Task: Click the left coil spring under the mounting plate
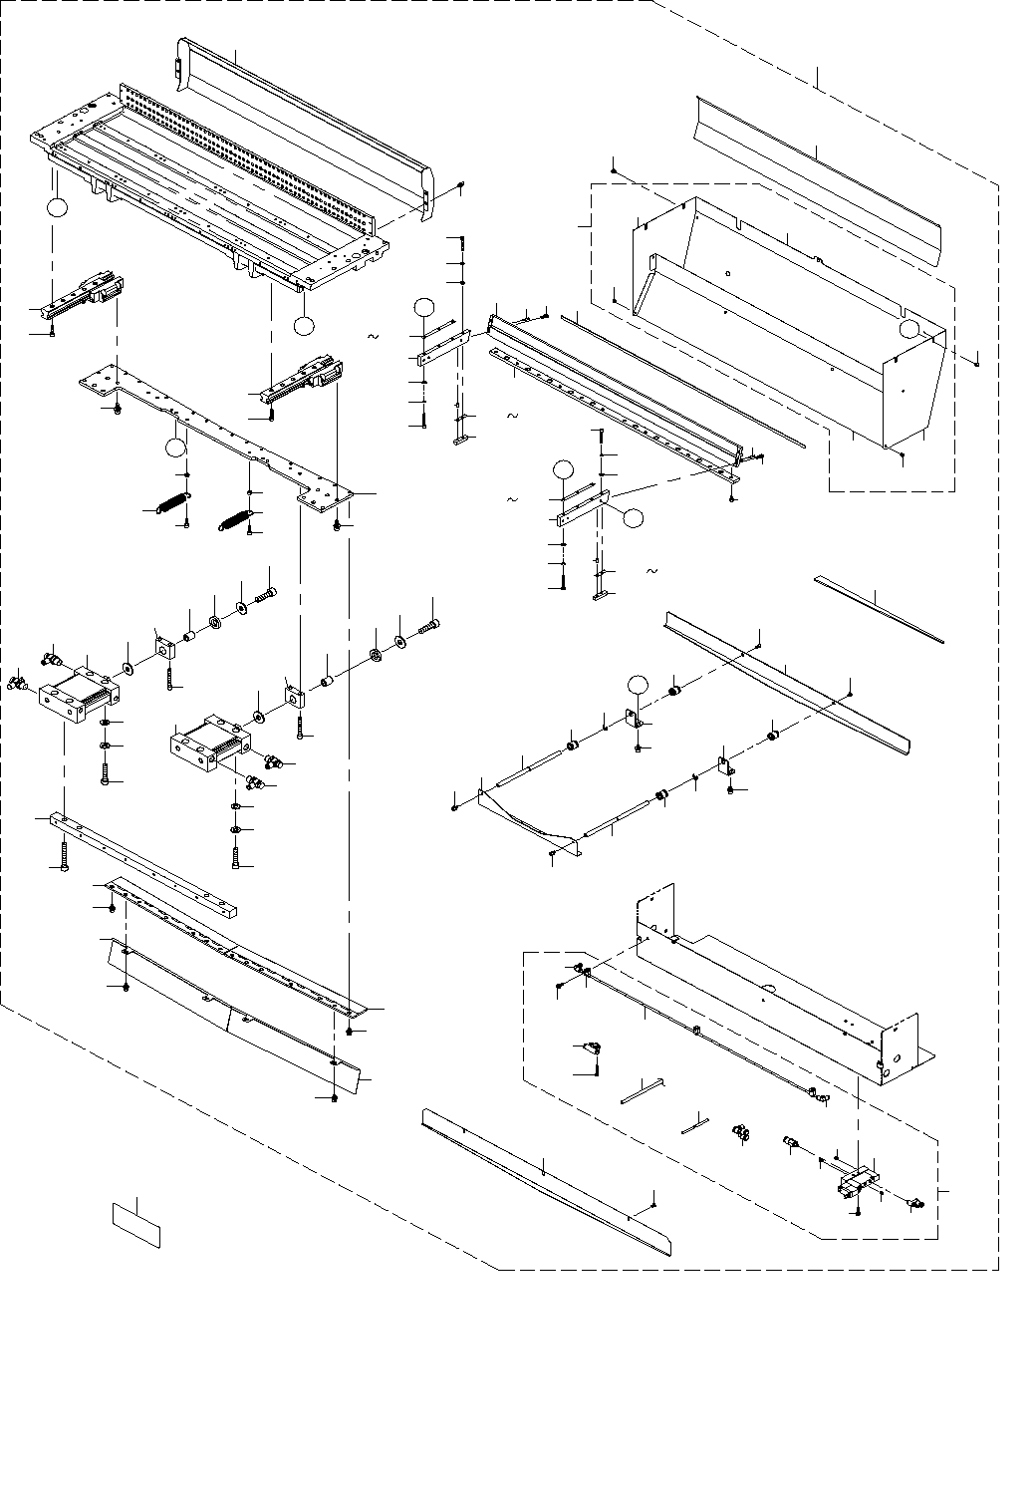(x=174, y=504)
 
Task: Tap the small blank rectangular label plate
(x=135, y=1225)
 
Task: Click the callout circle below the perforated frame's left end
(x=57, y=207)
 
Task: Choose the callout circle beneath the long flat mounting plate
(x=176, y=448)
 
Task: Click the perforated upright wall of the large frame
(x=249, y=149)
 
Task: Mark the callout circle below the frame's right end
(x=304, y=325)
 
